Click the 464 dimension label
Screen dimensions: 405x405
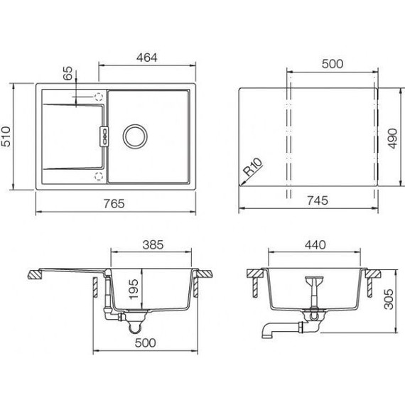(146, 58)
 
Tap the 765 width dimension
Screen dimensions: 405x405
(114, 203)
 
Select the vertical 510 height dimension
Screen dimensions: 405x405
(6, 136)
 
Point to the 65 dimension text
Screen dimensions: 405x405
(68, 73)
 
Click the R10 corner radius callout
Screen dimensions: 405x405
(254, 167)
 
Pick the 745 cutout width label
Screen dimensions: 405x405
(318, 200)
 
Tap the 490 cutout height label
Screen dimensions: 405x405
(393, 139)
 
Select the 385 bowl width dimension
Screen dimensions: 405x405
(153, 245)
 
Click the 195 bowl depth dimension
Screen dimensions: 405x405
(134, 289)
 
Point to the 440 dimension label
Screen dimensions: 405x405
(315, 245)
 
